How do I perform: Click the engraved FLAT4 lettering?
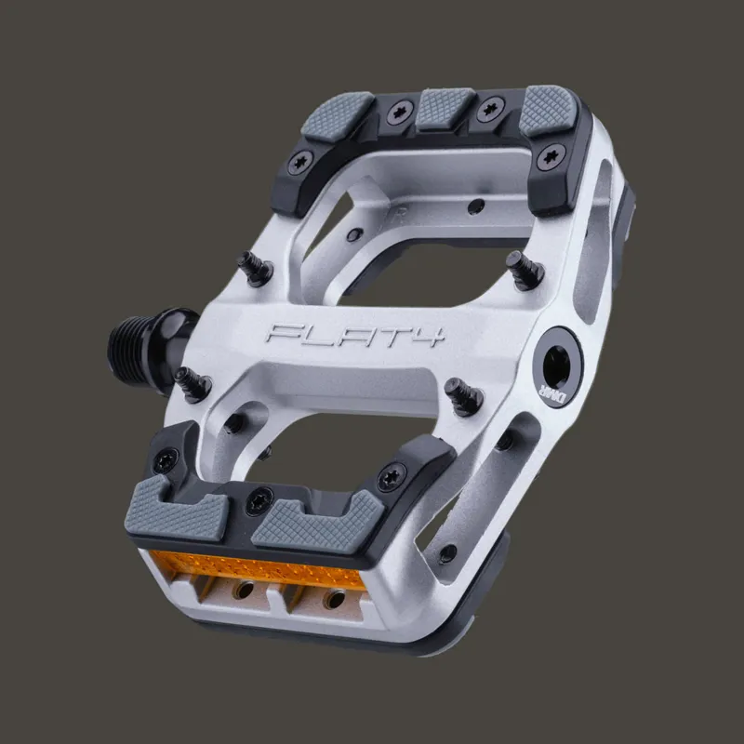354,335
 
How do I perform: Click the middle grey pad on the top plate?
445,108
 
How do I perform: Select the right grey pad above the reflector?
317,525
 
